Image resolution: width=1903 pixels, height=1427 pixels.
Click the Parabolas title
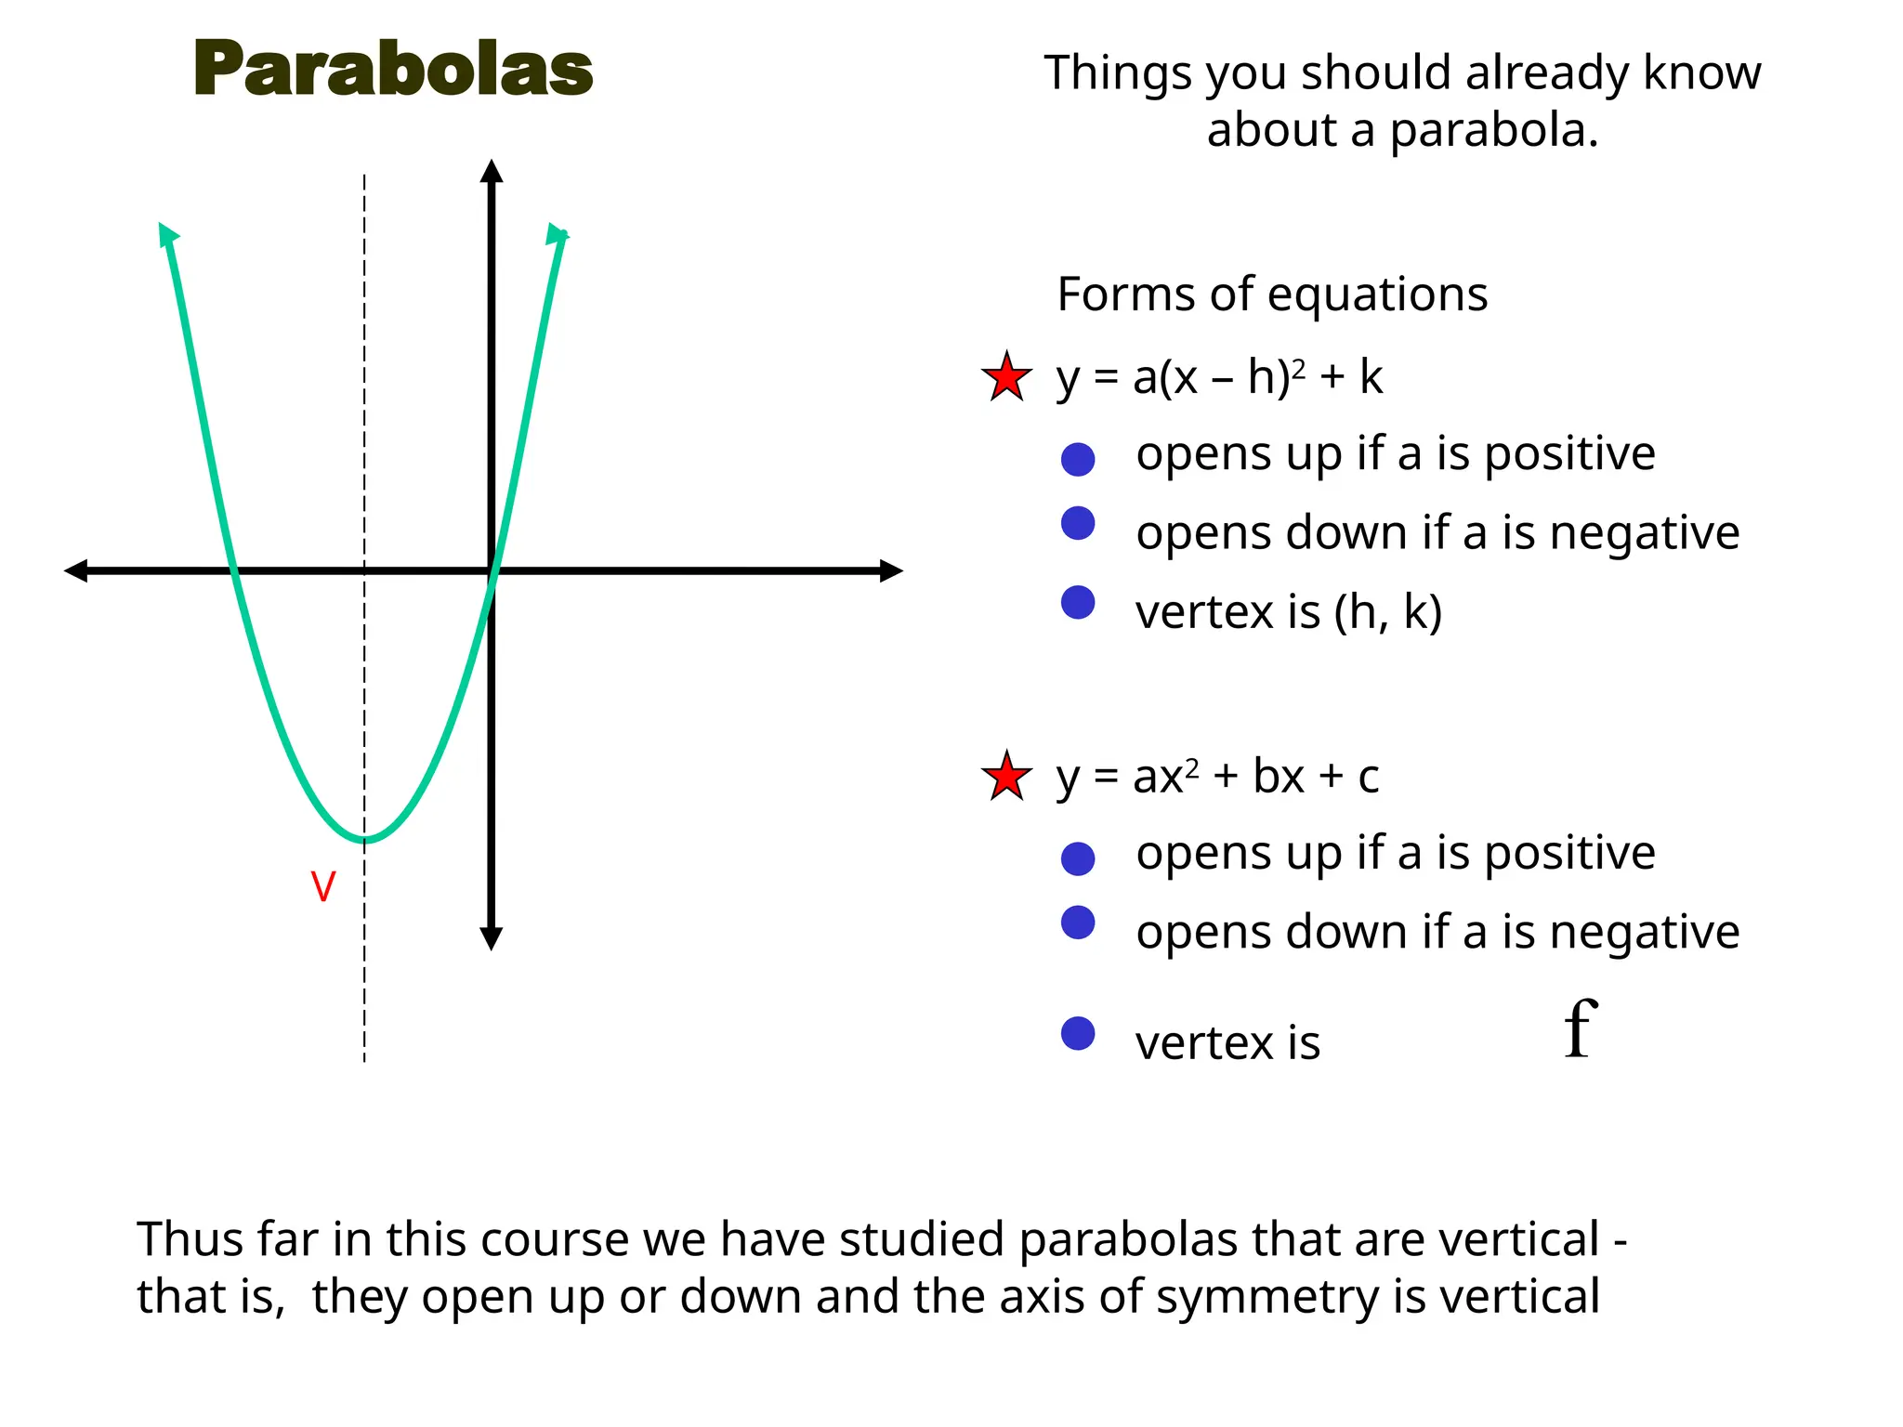393,70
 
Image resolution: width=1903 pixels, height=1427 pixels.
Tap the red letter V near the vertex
322,887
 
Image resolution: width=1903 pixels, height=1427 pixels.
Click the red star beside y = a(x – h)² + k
1006,378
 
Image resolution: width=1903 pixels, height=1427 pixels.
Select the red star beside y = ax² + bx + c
1006,777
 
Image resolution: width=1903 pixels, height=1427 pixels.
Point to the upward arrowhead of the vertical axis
492,171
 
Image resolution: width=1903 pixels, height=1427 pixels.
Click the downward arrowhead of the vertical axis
492,938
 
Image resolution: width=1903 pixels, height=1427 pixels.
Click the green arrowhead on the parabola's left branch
166,234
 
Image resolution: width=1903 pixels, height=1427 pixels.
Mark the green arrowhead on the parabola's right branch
558,234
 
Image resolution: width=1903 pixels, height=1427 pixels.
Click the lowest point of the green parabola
364,841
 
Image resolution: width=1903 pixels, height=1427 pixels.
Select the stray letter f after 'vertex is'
1580,1029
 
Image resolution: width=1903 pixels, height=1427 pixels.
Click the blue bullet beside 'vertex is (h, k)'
1078,603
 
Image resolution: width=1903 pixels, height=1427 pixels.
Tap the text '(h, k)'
1387,612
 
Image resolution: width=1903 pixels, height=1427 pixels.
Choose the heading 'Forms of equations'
1272,295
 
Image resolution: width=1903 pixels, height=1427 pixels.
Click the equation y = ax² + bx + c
1217,777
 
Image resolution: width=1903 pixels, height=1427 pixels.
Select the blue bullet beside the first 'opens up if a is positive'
1078,459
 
